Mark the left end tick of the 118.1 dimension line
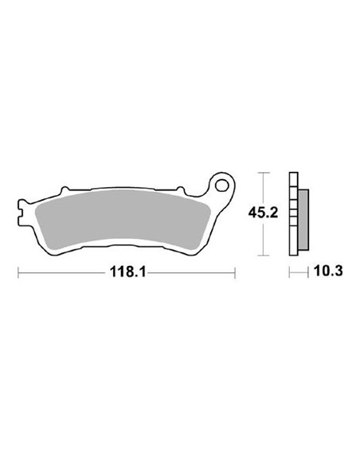tap(18, 272)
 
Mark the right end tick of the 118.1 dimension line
tap(235, 272)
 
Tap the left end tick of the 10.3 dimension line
tap(290, 272)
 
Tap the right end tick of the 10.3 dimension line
tap(307, 272)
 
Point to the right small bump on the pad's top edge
tap(181, 190)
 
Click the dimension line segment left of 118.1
tap(64, 272)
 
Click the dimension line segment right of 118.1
tap(191, 272)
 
